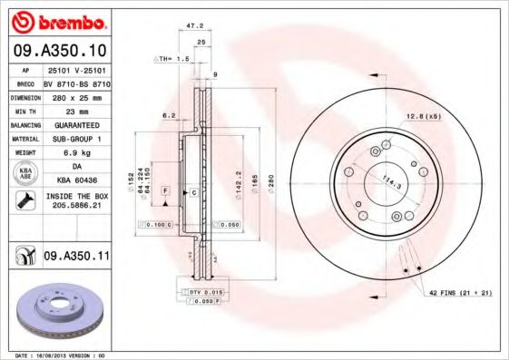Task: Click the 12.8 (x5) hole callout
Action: click(x=423, y=115)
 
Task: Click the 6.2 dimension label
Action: click(x=168, y=115)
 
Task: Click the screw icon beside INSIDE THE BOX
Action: click(x=25, y=200)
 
